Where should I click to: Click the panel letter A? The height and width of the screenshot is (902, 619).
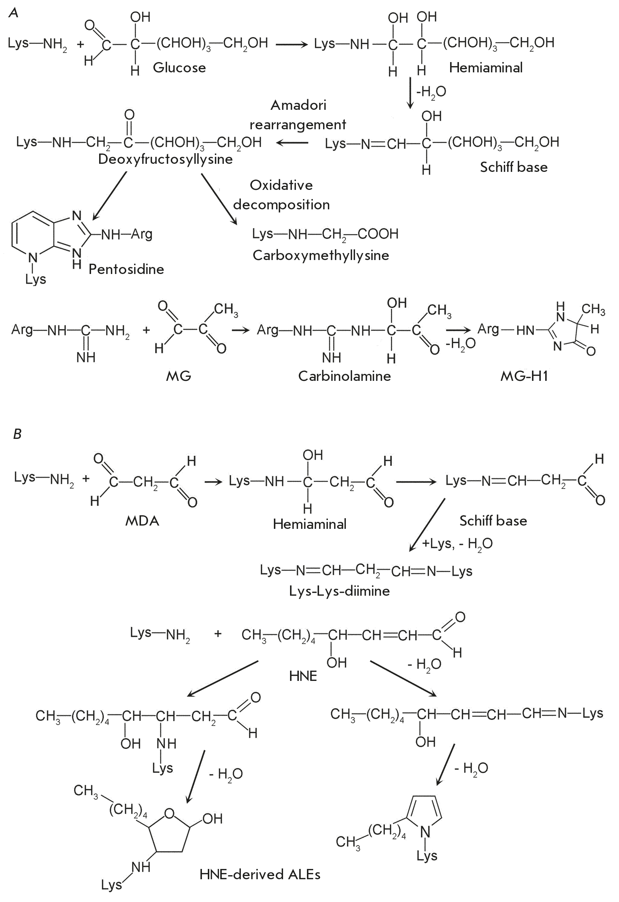tap(14, 12)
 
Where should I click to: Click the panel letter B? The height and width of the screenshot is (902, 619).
tap(18, 433)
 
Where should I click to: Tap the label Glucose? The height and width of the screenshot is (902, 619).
tap(179, 68)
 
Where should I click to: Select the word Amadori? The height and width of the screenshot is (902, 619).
tap(298, 105)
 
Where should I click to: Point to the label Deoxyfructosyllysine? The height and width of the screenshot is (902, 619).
tap(165, 159)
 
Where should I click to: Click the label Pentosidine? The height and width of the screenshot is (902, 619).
tap(126, 269)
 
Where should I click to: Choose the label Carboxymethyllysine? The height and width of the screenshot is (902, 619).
tap(321, 255)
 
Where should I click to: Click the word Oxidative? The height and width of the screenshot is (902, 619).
tap(281, 185)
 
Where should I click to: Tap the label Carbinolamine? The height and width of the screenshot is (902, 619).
tap(344, 376)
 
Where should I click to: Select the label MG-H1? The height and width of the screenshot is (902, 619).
tap(524, 376)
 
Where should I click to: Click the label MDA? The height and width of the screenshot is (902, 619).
tap(142, 520)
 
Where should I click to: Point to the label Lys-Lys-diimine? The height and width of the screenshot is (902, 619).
tap(339, 591)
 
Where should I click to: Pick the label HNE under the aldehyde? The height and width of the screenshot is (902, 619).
tap(303, 676)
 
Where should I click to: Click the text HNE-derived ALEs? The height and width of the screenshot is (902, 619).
tap(260, 874)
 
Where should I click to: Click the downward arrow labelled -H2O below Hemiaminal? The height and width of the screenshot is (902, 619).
tap(410, 93)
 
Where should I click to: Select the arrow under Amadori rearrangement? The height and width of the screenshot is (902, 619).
tap(292, 143)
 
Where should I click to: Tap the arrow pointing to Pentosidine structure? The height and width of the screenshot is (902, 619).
tap(109, 196)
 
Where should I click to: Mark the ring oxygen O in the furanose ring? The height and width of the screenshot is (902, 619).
tap(170, 813)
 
